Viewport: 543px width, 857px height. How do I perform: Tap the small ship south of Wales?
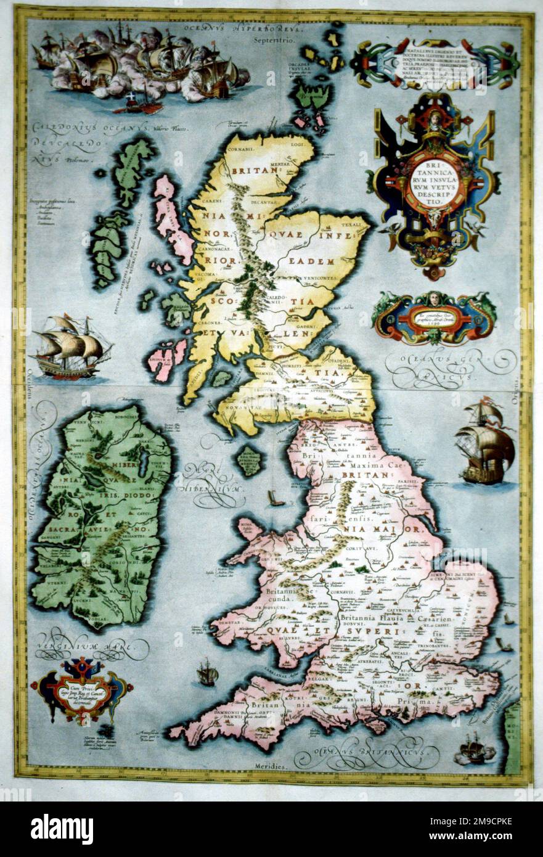208,673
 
